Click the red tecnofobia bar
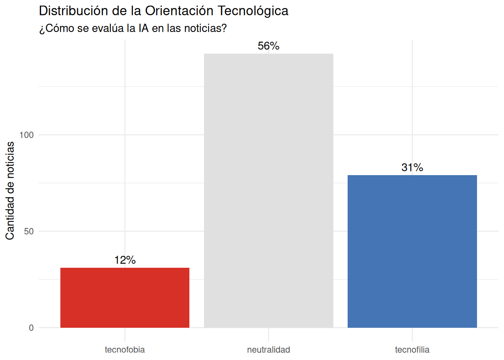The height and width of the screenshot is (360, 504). click(x=125, y=297)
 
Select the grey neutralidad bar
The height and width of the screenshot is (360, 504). click(x=268, y=190)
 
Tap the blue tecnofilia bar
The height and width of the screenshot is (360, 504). click(x=412, y=251)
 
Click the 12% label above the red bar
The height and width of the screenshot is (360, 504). click(x=125, y=260)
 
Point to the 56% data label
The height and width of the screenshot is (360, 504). click(x=268, y=46)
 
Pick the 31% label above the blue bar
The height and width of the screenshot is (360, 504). click(x=412, y=167)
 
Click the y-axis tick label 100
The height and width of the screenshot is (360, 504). click(x=27, y=135)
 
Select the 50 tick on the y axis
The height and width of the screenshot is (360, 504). click(x=29, y=231)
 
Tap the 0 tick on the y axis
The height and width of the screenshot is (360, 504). click(x=31, y=328)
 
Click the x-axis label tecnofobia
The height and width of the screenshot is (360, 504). click(x=125, y=350)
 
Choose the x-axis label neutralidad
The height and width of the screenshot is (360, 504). click(x=268, y=350)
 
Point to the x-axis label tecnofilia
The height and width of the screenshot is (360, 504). click(x=412, y=350)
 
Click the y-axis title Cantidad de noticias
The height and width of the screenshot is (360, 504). click(x=10, y=190)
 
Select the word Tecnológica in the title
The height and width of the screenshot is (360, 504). click(x=253, y=11)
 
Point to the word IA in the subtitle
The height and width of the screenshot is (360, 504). click(x=144, y=28)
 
